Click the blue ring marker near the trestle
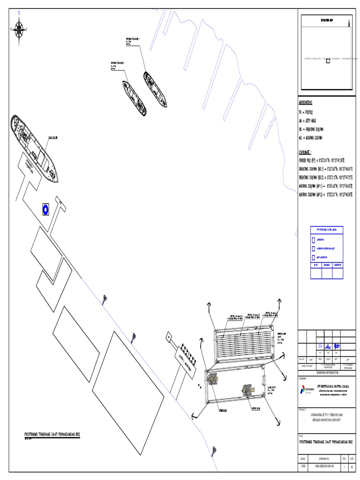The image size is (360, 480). point(45,209)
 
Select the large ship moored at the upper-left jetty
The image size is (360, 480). point(35,148)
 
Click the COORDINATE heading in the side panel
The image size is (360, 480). point(308,152)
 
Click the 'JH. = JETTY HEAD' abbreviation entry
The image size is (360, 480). point(311,120)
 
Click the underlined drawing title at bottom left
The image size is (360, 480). point(52,435)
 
